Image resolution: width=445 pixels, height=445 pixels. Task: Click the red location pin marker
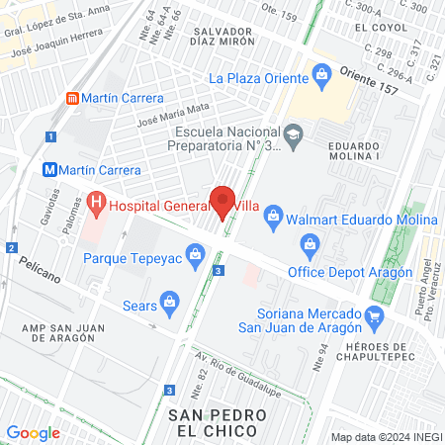click(x=222, y=201)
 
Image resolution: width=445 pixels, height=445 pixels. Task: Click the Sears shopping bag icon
click(x=169, y=301)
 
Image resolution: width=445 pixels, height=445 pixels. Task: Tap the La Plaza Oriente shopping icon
click(x=321, y=72)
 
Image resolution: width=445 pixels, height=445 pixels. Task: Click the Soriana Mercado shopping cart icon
click(x=374, y=316)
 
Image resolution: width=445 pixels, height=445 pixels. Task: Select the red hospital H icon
click(x=96, y=206)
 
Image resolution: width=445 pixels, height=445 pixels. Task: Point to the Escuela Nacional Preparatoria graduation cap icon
click(x=293, y=133)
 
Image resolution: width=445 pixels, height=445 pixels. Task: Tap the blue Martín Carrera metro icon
click(x=49, y=170)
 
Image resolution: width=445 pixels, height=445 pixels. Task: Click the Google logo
click(x=33, y=432)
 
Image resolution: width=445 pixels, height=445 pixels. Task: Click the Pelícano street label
click(x=40, y=270)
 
